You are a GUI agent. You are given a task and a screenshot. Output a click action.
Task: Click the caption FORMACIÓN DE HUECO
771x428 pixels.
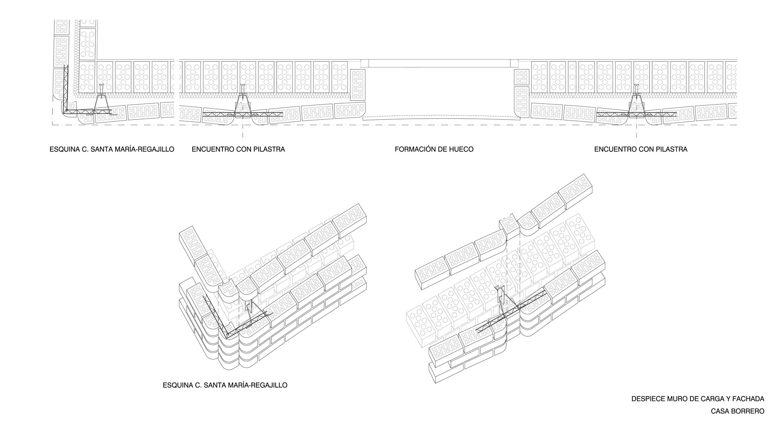tap(434, 149)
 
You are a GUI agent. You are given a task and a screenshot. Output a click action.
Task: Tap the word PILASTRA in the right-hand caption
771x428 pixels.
tap(670, 149)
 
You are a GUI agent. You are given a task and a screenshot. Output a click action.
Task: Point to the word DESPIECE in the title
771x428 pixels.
tap(648, 399)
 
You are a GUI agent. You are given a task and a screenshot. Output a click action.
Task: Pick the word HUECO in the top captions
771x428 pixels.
tap(461, 149)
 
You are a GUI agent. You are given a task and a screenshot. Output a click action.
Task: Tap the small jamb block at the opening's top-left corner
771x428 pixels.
tap(365, 64)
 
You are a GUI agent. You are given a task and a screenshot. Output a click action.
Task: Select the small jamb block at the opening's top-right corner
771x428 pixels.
tap(514, 64)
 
